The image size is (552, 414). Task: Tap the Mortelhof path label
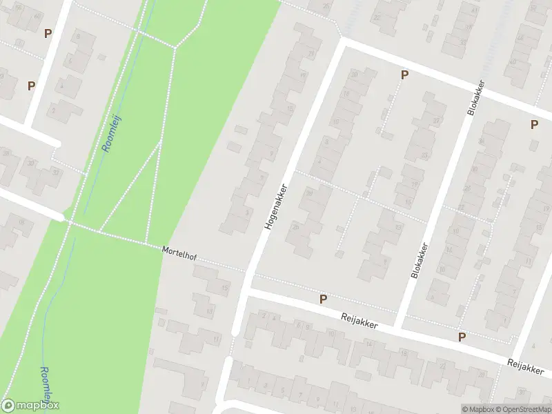179,253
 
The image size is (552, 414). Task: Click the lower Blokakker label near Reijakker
420,261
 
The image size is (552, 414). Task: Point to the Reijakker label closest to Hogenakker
359,321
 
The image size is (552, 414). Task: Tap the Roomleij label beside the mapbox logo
46,385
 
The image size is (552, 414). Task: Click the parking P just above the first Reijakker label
322,299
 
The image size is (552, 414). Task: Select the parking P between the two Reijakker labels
462,337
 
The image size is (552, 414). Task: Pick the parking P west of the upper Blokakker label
404,75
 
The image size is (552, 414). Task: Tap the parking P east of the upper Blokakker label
533,124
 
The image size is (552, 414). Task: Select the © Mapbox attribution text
477,409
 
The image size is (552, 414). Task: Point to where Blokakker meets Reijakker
399,324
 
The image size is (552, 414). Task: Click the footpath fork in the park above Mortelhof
160,141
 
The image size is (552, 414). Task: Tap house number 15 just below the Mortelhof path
225,288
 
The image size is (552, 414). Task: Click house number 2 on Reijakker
265,316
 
